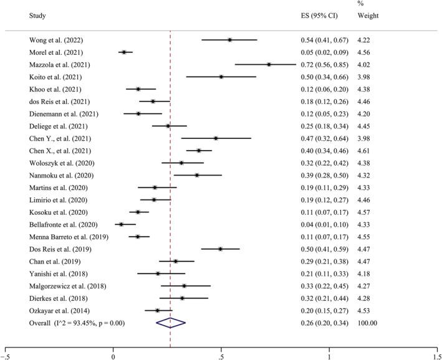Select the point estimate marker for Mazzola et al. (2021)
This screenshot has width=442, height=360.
click(x=269, y=64)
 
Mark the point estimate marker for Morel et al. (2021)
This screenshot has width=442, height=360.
click(x=124, y=52)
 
